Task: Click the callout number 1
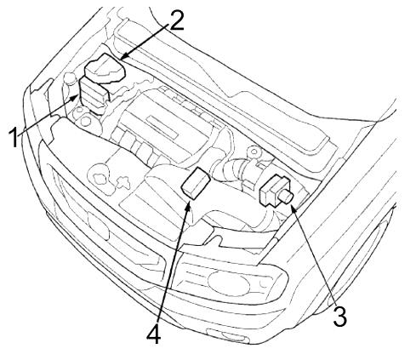[x=14, y=137]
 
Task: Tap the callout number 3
[x=339, y=316]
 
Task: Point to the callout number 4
[x=154, y=334]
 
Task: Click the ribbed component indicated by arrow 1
[x=94, y=94]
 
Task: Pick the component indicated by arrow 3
[x=276, y=190]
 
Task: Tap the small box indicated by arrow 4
[x=196, y=183]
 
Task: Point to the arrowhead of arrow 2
[x=123, y=58]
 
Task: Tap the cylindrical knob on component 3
[x=287, y=197]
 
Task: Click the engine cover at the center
[x=168, y=119]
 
